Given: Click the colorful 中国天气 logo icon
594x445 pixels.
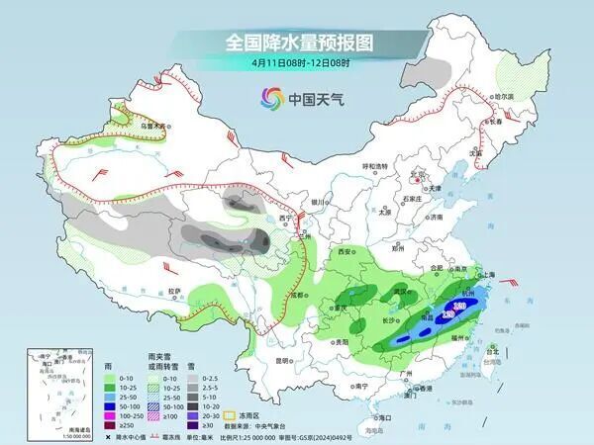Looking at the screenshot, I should (x=271, y=98).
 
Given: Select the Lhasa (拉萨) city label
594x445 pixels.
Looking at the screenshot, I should (x=174, y=291).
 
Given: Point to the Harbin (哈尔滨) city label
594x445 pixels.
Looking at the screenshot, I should (x=506, y=97).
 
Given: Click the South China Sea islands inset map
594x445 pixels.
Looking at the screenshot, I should (x=49, y=390).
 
